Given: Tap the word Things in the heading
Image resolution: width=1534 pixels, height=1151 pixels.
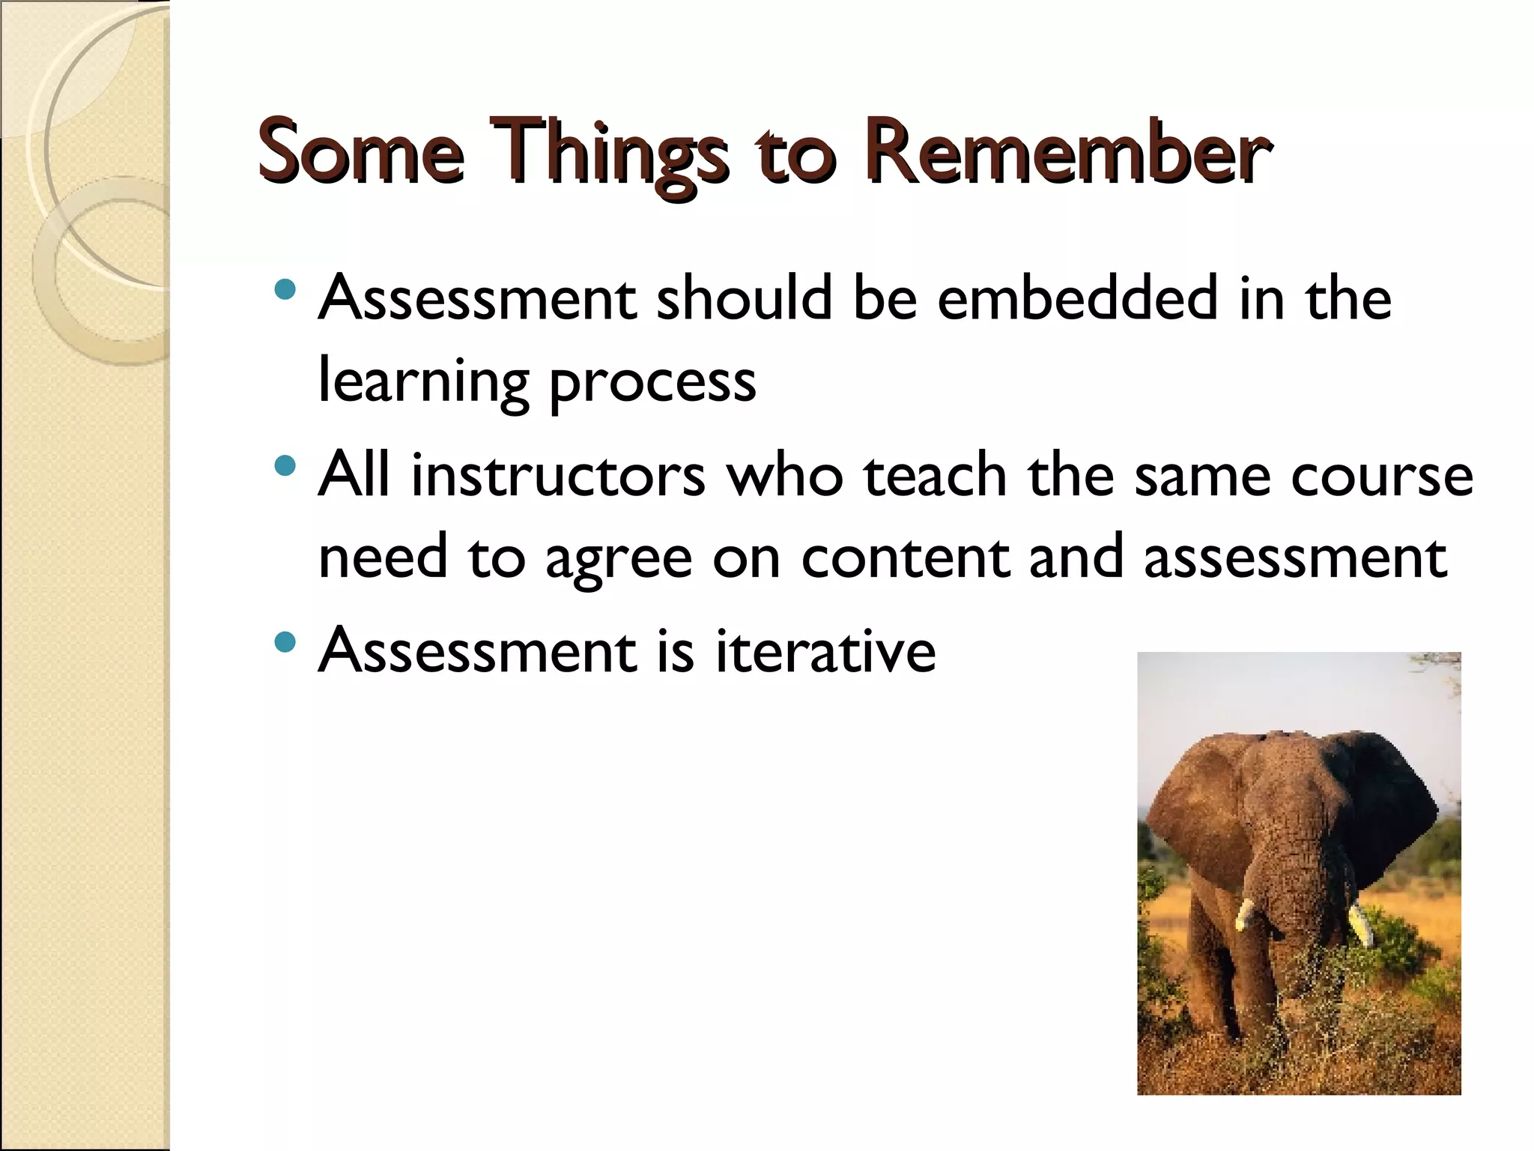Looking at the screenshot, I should coord(607,154).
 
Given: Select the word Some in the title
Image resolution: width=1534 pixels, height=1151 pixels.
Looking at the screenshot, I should coord(360,153).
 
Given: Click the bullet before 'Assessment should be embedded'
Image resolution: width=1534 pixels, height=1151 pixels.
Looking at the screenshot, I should coord(285,290).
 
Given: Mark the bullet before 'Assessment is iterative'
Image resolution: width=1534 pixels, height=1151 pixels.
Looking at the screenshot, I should coord(285,642).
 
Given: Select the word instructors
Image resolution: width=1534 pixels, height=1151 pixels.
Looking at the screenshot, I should coord(558,475).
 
